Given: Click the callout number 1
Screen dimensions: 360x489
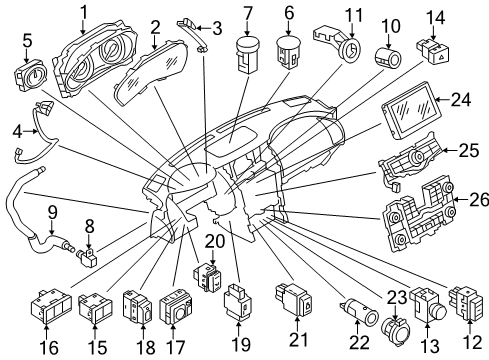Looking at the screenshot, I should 84,12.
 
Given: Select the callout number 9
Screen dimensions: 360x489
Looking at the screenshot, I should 52,212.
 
